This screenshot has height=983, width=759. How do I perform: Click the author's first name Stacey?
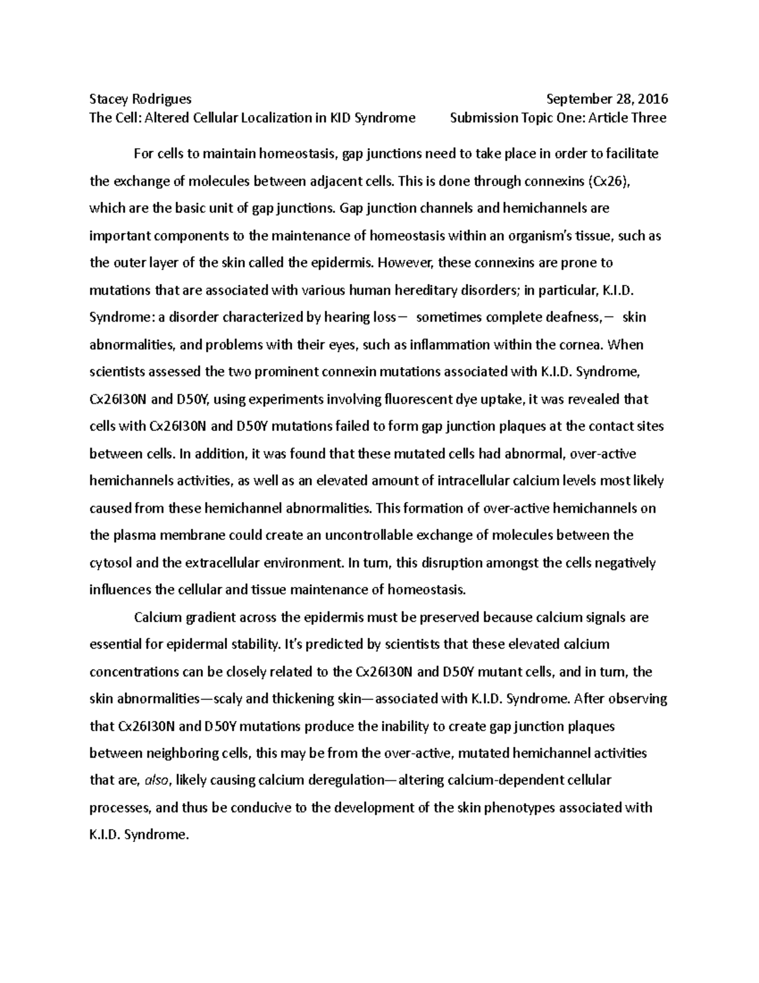(x=108, y=99)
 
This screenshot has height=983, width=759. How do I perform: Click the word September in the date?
(x=576, y=99)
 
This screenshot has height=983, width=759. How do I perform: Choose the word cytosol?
(x=111, y=563)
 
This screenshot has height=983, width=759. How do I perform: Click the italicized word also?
(x=156, y=781)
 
